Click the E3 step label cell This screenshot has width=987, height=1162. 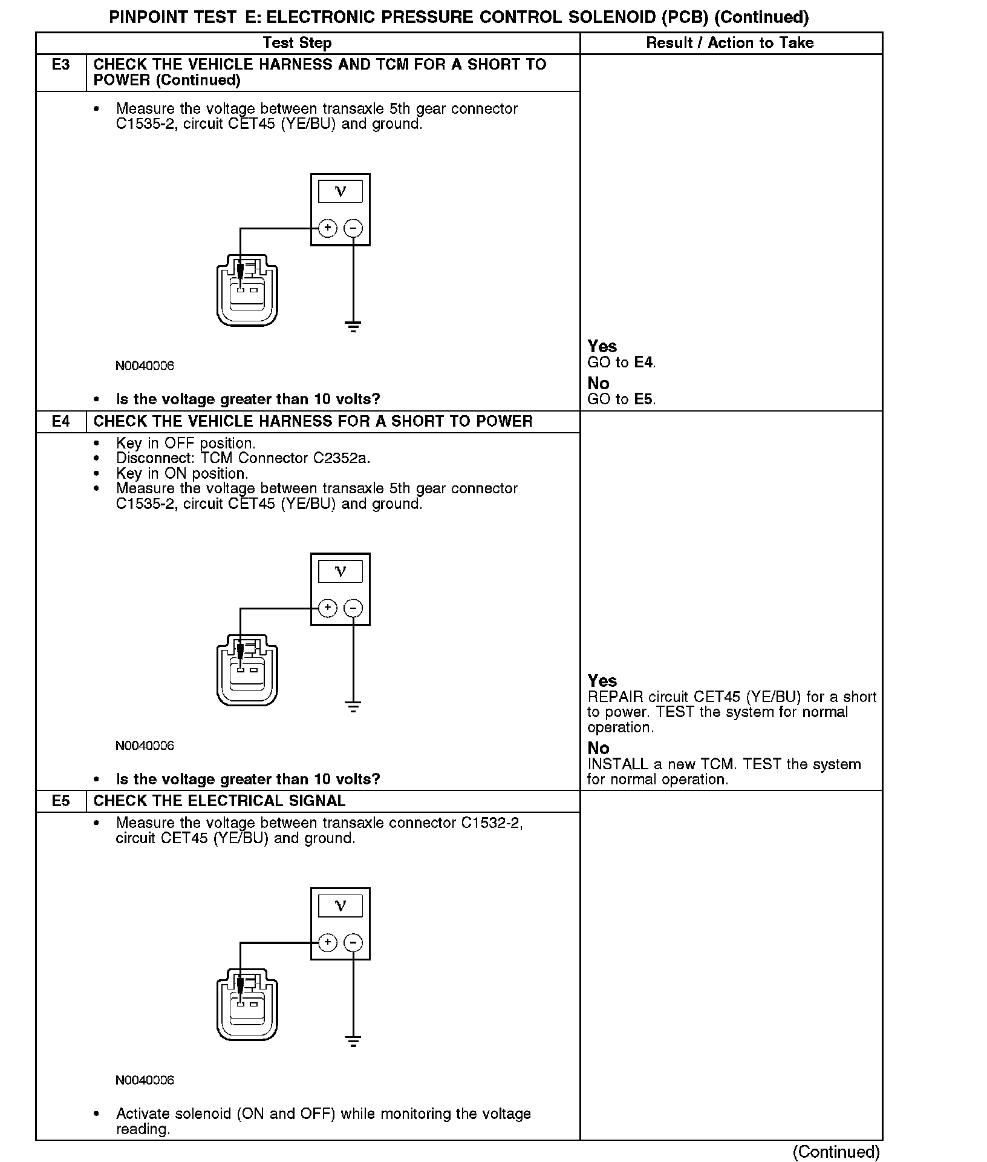pyautogui.click(x=60, y=65)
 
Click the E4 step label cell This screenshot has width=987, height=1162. pyautogui.click(x=60, y=421)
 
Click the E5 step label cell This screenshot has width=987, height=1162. pyautogui.click(x=60, y=801)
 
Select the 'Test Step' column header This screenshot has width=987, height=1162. pyautogui.click(x=297, y=43)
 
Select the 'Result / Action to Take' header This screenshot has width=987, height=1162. pyautogui.click(x=730, y=43)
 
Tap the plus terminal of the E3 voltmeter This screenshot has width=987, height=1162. pyautogui.click(x=327, y=228)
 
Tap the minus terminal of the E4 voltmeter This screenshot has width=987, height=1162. pyautogui.click(x=353, y=608)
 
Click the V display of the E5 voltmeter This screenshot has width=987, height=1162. pyautogui.click(x=340, y=905)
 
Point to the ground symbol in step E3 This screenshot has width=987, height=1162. pyautogui.click(x=353, y=327)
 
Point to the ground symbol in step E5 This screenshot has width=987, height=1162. pyautogui.click(x=353, y=1041)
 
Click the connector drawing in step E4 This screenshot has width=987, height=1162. pyautogui.click(x=247, y=669)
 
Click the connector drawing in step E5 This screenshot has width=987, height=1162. pyautogui.click(x=247, y=1005)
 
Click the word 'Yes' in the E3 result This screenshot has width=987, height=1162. pyautogui.click(x=602, y=346)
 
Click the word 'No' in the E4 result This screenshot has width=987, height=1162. pyautogui.click(x=598, y=748)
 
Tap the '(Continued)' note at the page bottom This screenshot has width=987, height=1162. pyautogui.click(x=836, y=1152)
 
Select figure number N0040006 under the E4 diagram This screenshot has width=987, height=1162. pyautogui.click(x=145, y=746)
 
